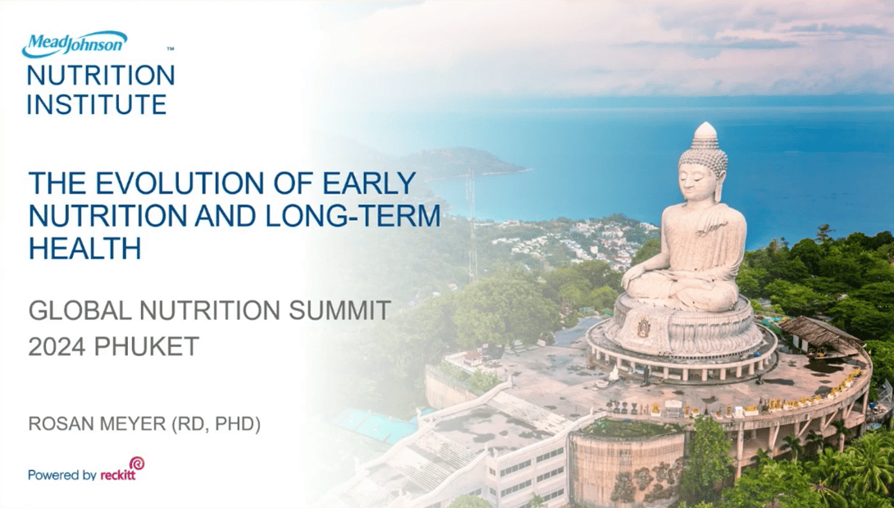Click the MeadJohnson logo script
click(x=75, y=43)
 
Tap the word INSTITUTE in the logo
click(x=97, y=104)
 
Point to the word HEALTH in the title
click(x=84, y=248)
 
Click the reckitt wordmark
click(x=117, y=475)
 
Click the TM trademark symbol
click(x=170, y=49)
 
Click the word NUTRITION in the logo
click(x=101, y=76)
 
